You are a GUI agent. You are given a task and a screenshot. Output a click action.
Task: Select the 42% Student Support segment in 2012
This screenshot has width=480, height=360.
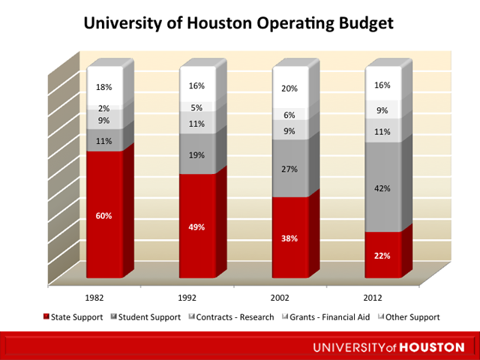382,188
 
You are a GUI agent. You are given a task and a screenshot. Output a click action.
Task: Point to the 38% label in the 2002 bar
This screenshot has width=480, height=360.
289,238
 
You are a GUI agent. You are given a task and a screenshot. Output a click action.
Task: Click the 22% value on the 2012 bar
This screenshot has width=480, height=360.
382,255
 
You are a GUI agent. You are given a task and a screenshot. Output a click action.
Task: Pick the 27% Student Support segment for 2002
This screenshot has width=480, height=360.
289,169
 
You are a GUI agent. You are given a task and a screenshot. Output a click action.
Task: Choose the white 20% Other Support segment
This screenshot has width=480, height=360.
289,88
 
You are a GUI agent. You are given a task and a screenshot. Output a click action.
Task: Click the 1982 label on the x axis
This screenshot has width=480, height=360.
94,296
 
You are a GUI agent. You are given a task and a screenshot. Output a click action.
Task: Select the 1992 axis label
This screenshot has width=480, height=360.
187,296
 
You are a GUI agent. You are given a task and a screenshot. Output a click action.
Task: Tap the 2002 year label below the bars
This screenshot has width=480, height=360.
280,296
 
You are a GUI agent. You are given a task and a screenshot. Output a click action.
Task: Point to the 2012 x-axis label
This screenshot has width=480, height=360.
373,296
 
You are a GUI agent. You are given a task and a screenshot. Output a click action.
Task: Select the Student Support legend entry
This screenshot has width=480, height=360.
149,317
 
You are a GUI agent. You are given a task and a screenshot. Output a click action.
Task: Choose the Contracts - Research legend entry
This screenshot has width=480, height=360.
234,317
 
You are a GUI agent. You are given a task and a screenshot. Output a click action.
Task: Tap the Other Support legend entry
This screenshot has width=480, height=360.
409,317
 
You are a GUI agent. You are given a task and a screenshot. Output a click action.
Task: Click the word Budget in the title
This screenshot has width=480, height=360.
364,25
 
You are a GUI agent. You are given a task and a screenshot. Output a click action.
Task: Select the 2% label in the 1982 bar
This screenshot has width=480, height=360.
103,109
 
